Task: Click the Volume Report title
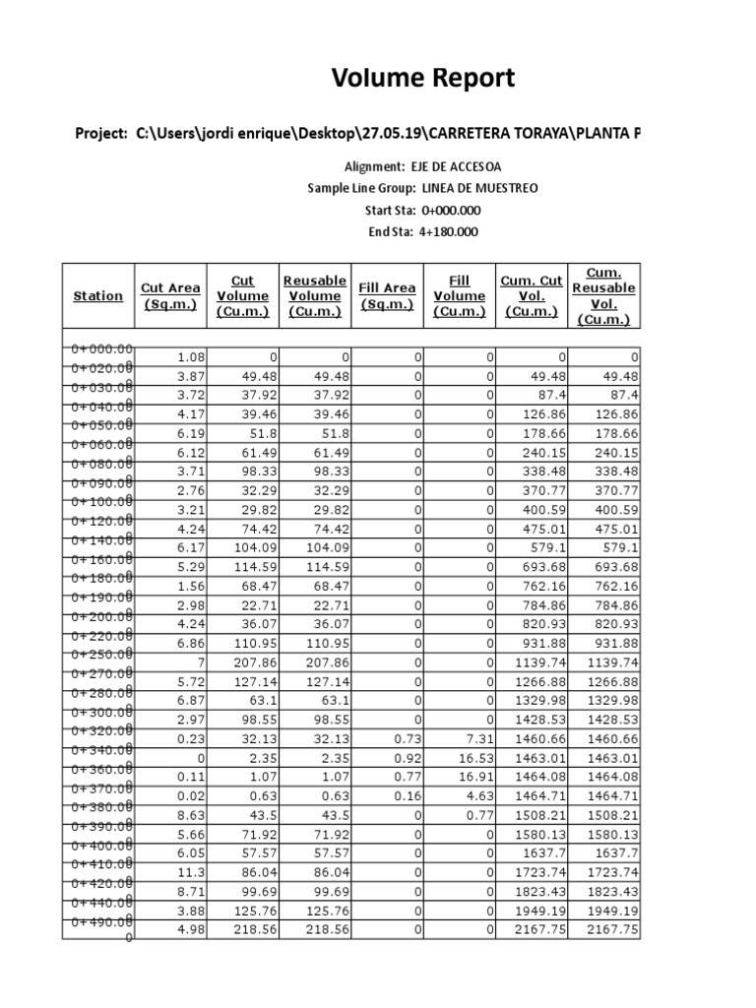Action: click(x=422, y=79)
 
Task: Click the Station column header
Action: click(x=98, y=295)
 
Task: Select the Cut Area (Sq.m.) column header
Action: click(x=170, y=295)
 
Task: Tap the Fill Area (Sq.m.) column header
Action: click(x=387, y=295)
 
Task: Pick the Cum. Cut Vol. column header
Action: click(x=532, y=295)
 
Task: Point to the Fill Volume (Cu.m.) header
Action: click(x=460, y=295)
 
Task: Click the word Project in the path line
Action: click(x=101, y=133)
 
